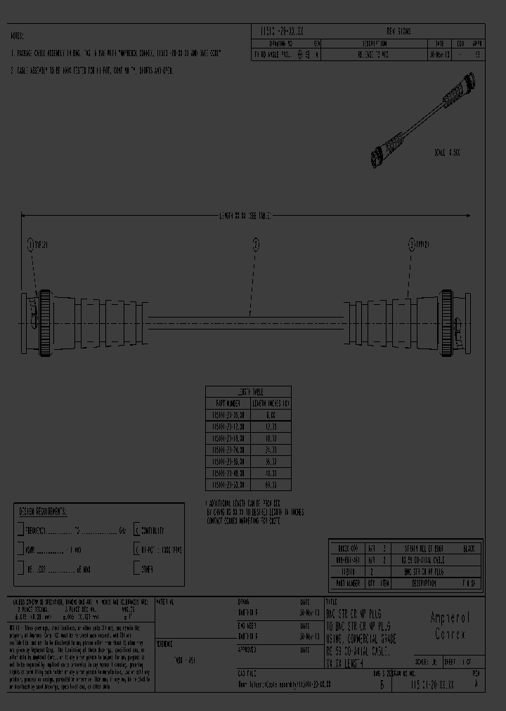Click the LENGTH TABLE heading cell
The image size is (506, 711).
pyautogui.click(x=248, y=392)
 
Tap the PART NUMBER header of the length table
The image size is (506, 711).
pyautogui.click(x=228, y=403)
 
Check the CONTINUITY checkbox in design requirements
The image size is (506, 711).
pyautogui.click(x=137, y=531)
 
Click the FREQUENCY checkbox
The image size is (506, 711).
pyautogui.click(x=21, y=531)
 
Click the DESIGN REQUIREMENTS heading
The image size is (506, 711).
pyautogui.click(x=42, y=512)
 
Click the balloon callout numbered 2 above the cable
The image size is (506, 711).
pyautogui.click(x=257, y=244)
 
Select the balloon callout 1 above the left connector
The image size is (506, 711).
pyautogui.click(x=30, y=244)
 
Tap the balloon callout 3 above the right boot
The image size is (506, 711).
pyautogui.click(x=412, y=244)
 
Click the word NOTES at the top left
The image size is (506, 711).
pyautogui.click(x=17, y=35)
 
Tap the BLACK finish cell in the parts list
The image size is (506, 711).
pyautogui.click(x=469, y=548)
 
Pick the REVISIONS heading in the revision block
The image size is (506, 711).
pyautogui.click(x=399, y=32)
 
